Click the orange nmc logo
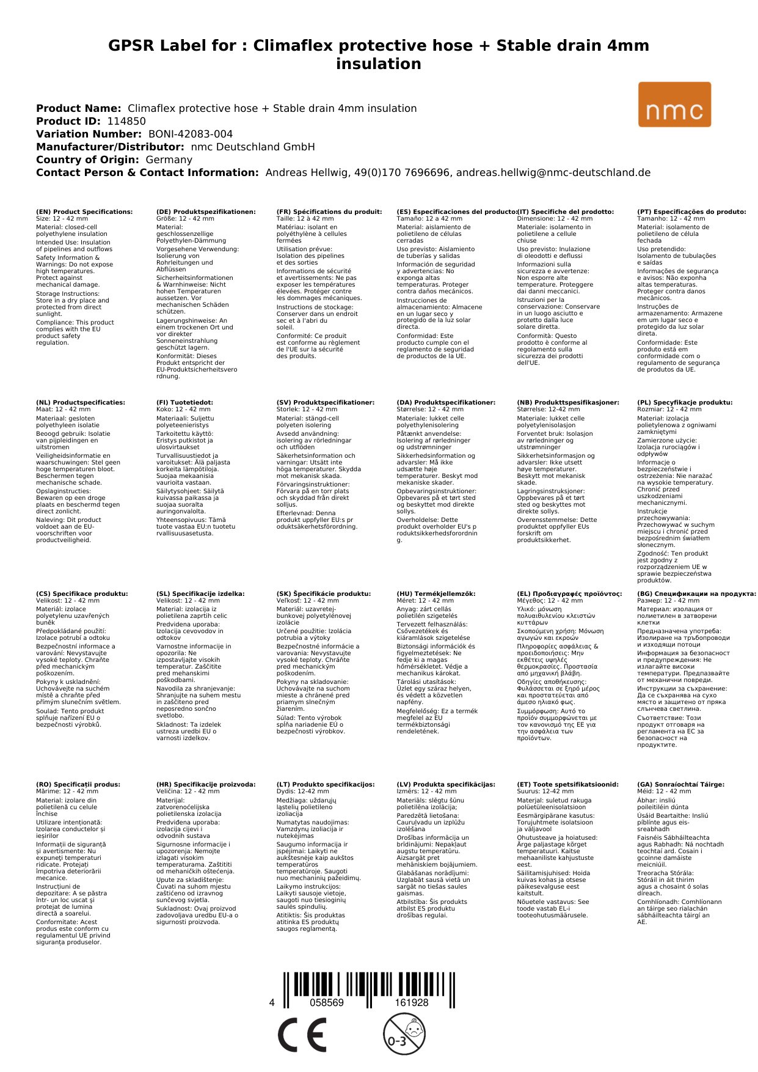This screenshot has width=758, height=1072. point(674,105)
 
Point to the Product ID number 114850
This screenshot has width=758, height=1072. point(126,121)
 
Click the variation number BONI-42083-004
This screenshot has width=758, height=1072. point(191,134)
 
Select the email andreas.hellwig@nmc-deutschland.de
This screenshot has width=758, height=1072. point(553,172)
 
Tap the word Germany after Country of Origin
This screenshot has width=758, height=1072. point(169,160)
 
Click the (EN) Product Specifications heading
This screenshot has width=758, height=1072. point(84,211)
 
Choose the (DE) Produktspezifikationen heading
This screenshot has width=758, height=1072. point(206,211)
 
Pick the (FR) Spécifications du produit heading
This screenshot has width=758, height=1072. point(329,211)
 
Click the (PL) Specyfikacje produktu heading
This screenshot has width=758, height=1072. point(685,403)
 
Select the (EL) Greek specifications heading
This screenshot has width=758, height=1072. point(569,593)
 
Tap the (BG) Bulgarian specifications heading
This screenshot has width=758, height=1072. point(696,593)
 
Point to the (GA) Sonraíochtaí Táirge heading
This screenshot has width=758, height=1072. point(680,784)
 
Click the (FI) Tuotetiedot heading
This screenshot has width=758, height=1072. point(184,403)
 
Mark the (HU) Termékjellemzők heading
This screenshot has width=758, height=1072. point(435,593)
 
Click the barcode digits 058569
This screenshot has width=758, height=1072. point(327,1002)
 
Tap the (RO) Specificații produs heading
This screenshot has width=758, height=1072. point(78,784)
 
